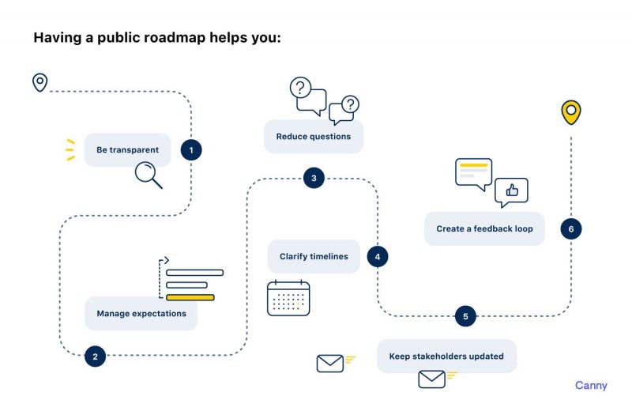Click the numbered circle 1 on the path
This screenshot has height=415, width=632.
click(190, 149)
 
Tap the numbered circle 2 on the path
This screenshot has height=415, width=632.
click(95, 357)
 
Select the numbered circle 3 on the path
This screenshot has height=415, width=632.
click(314, 178)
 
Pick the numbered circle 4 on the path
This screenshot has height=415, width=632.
click(378, 257)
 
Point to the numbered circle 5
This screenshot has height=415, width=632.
click(465, 316)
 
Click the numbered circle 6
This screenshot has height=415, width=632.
click(570, 229)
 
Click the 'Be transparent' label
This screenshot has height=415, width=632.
click(127, 149)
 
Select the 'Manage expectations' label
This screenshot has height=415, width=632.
click(141, 314)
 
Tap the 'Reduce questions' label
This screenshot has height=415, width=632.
click(313, 137)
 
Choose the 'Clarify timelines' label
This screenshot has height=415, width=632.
click(314, 257)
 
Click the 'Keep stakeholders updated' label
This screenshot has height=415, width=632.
click(446, 357)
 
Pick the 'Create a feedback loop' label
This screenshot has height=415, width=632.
click(484, 229)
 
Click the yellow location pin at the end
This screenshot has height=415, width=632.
click(570, 111)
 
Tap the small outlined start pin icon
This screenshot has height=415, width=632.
click(39, 81)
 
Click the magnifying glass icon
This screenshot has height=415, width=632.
click(148, 174)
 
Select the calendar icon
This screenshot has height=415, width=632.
click(288, 299)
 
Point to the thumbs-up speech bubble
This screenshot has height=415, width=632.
click(511, 191)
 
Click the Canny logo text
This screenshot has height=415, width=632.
click(591, 386)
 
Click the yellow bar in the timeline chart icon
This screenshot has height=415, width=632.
click(190, 297)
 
